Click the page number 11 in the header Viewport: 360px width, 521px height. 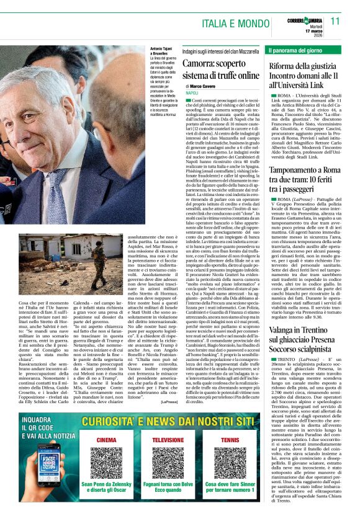pos(336,21)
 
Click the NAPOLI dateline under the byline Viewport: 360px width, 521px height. pos(191,92)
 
